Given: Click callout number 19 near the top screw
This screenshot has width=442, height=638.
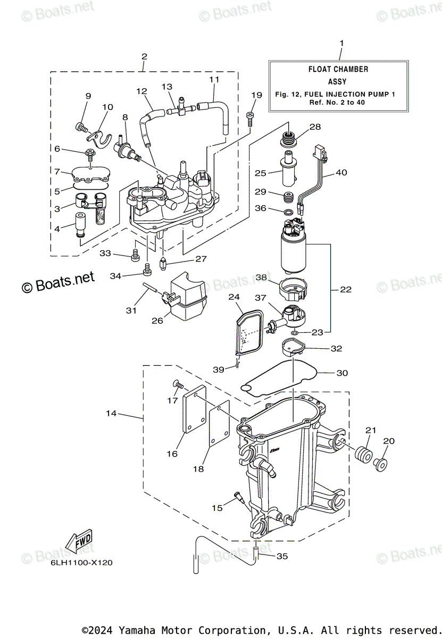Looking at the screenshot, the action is (x=257, y=95).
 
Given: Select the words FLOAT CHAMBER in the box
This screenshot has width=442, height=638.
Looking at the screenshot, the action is (x=338, y=69).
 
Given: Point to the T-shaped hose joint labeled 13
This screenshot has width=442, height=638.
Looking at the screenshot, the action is (x=181, y=108).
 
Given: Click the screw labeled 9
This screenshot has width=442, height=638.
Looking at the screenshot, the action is (x=82, y=127).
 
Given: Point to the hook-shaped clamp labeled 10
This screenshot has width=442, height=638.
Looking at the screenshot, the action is (x=98, y=139).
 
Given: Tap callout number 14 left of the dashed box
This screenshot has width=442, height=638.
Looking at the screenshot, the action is (x=111, y=413).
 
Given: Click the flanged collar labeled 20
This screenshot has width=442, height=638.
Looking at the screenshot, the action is (x=380, y=465).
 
